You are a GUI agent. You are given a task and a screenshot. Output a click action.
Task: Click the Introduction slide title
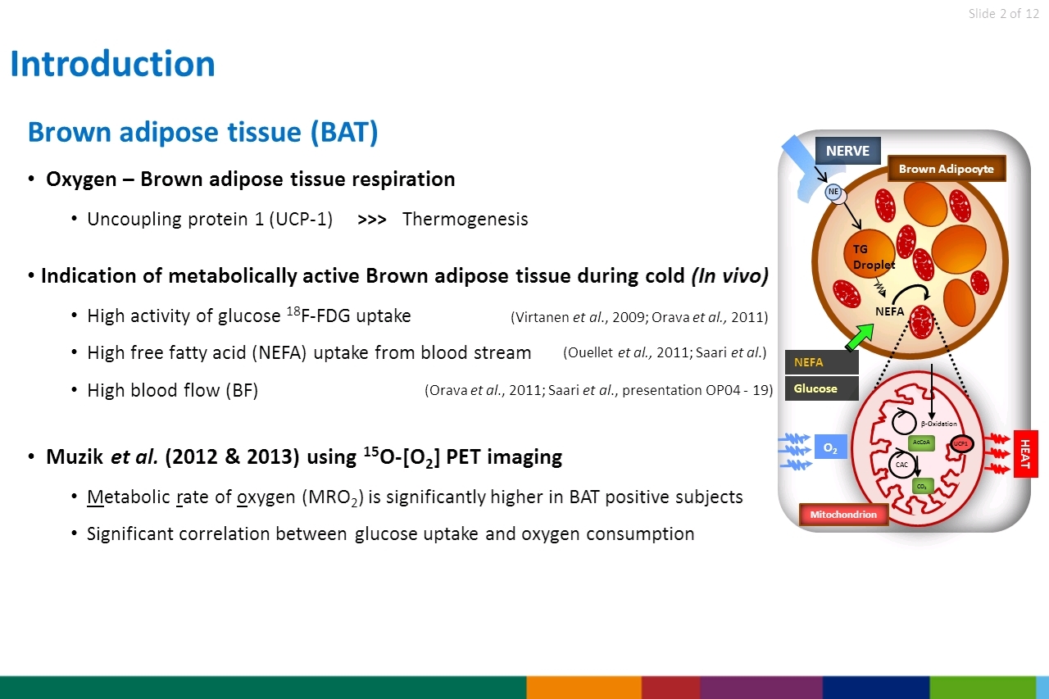coord(112,64)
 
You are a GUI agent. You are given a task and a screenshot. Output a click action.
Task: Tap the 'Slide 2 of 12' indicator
coord(1004,14)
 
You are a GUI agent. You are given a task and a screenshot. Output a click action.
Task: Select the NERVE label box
coord(847,151)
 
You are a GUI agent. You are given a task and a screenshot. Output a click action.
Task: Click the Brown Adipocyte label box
coord(947,169)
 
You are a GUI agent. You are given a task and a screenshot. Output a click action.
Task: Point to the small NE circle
coord(833,192)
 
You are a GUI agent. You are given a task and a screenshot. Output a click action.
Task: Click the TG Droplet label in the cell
coord(874,257)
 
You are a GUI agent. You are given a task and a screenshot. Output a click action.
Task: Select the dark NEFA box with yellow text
coord(822,362)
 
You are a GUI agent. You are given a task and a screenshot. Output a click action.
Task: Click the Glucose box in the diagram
coord(822,388)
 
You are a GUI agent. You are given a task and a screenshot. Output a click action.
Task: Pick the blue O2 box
coord(831,447)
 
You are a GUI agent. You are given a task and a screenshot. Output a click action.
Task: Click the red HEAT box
coord(1025,454)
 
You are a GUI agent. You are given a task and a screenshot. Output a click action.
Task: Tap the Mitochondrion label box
coord(843,514)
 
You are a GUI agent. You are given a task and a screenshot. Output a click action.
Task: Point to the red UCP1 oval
coord(962,443)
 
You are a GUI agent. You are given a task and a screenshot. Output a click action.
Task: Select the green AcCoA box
coord(921,443)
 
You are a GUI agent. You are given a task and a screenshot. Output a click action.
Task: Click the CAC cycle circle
coord(902,465)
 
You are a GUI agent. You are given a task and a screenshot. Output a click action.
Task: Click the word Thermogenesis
coord(465,219)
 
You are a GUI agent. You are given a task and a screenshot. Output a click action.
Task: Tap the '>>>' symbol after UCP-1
coord(372,220)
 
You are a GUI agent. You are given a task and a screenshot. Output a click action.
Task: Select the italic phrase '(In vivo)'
coord(730,276)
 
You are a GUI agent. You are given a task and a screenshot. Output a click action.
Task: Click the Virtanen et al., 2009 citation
coord(579,317)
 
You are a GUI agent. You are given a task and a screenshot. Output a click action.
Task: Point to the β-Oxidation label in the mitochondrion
coord(938,424)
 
